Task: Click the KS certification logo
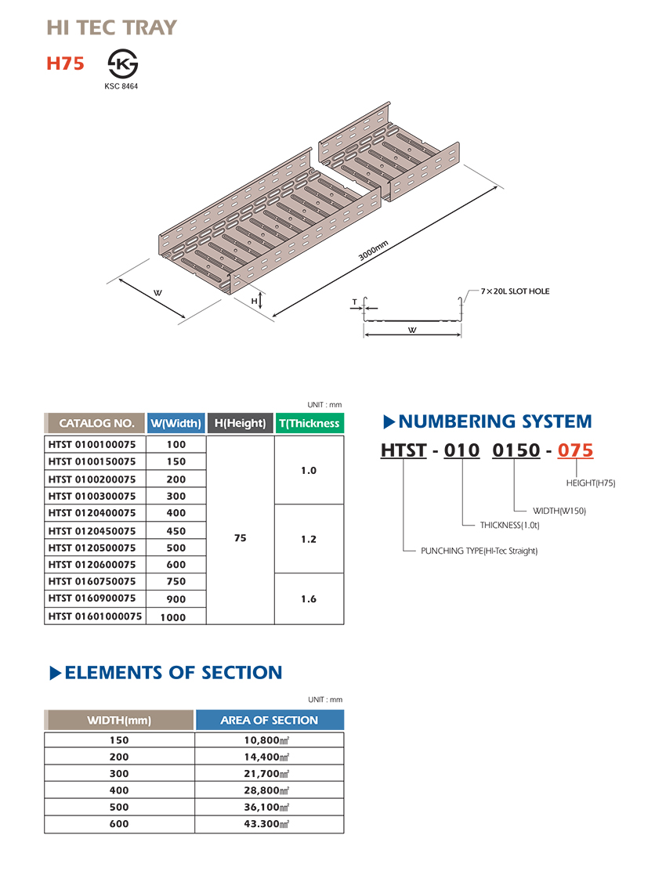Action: point(121,63)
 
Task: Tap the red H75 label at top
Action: point(65,63)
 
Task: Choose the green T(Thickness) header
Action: point(309,423)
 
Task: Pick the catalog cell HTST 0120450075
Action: point(92,530)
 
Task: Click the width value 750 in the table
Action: point(176,581)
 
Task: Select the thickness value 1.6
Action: point(309,598)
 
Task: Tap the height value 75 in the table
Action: point(241,538)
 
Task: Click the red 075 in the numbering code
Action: point(575,450)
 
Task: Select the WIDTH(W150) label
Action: point(559,511)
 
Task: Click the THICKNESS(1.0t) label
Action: point(509,525)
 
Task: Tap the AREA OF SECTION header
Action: point(270,720)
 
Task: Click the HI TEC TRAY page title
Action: point(112,28)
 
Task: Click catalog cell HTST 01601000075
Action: point(95,616)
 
